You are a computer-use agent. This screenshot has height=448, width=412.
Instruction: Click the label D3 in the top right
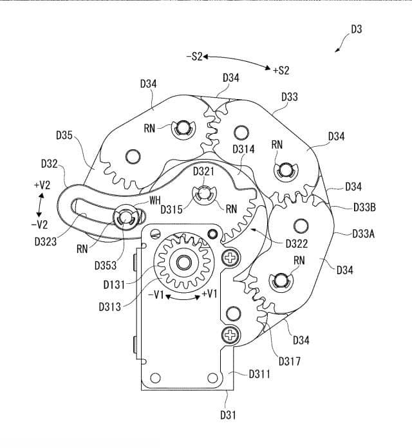[356, 30]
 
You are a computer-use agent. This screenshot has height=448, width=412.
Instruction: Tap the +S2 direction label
[281, 71]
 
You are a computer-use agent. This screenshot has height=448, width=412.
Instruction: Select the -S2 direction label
[194, 57]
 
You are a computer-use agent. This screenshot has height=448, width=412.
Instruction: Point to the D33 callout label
[290, 97]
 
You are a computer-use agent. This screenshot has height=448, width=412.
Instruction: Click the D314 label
[243, 149]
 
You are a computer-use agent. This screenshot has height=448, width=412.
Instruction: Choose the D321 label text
[203, 172]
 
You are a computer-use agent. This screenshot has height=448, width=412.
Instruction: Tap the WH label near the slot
[155, 201]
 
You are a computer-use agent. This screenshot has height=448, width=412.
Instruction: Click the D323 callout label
[46, 242]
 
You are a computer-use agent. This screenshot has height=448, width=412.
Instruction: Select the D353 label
[106, 266]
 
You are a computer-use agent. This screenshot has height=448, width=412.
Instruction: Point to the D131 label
[115, 285]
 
